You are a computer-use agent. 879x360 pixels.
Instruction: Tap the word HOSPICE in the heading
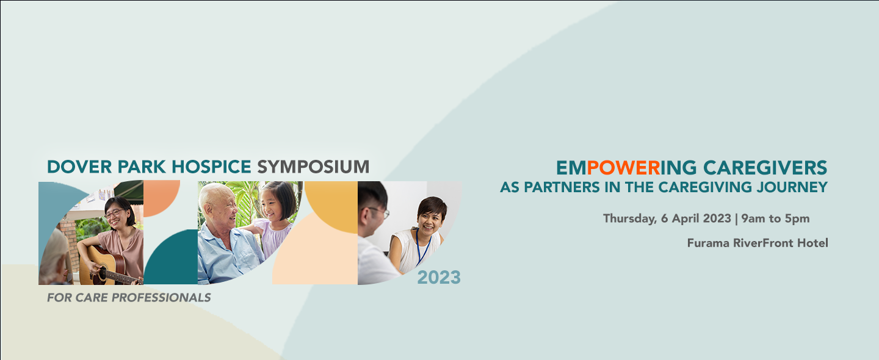pyautogui.click(x=211, y=167)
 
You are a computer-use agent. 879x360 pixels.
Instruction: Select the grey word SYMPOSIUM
pyautogui.click(x=313, y=167)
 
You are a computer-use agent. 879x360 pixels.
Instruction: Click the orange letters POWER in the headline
pyautogui.click(x=623, y=168)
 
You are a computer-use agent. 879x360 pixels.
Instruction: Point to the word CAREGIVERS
pyautogui.click(x=765, y=168)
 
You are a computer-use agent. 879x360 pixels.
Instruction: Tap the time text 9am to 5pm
pyautogui.click(x=775, y=218)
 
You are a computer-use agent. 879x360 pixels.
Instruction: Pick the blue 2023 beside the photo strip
pyautogui.click(x=439, y=277)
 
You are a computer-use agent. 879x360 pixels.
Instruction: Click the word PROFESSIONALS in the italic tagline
pyautogui.click(x=161, y=298)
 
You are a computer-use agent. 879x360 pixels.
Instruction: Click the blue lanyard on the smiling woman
pyautogui.click(x=422, y=248)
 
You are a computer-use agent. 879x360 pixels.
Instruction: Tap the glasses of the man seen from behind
pyautogui.click(x=381, y=213)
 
